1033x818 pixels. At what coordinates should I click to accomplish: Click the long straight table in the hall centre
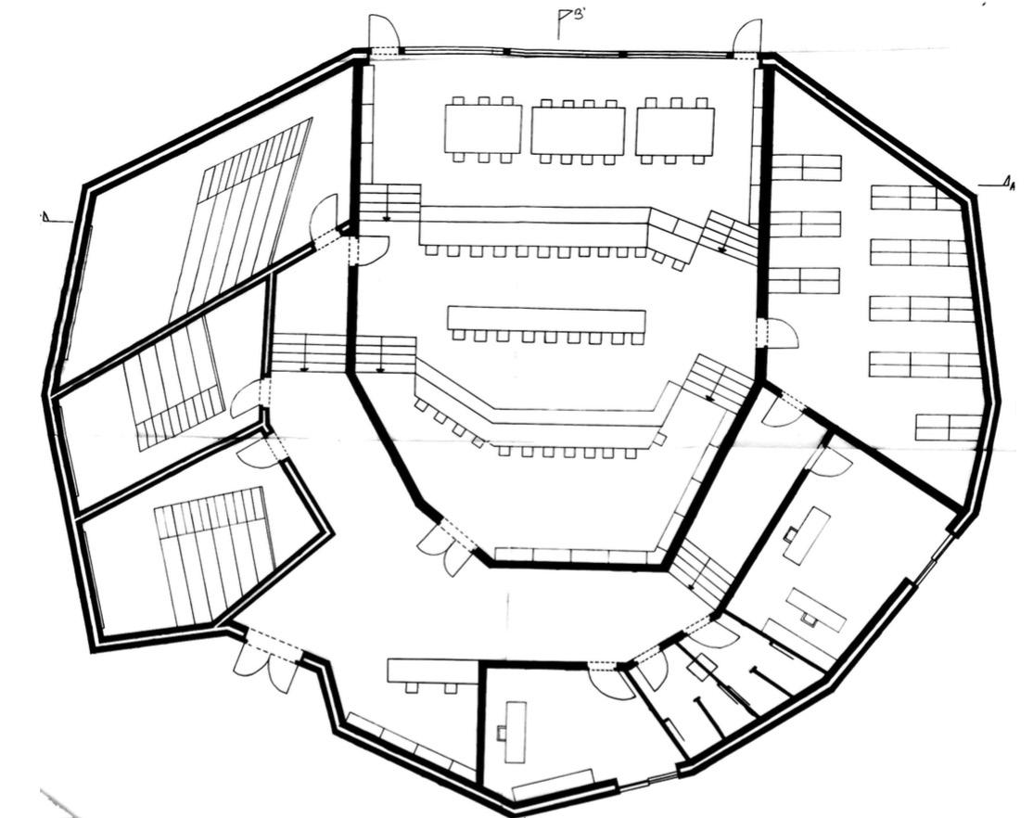(x=546, y=321)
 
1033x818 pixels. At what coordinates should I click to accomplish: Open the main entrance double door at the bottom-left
(x=264, y=660)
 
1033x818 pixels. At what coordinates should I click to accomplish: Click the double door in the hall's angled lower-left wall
(x=444, y=544)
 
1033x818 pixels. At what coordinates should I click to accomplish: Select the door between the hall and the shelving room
(x=777, y=333)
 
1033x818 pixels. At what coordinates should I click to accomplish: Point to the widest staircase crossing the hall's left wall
(x=344, y=352)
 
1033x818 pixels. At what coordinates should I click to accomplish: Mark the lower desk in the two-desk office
(x=817, y=608)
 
